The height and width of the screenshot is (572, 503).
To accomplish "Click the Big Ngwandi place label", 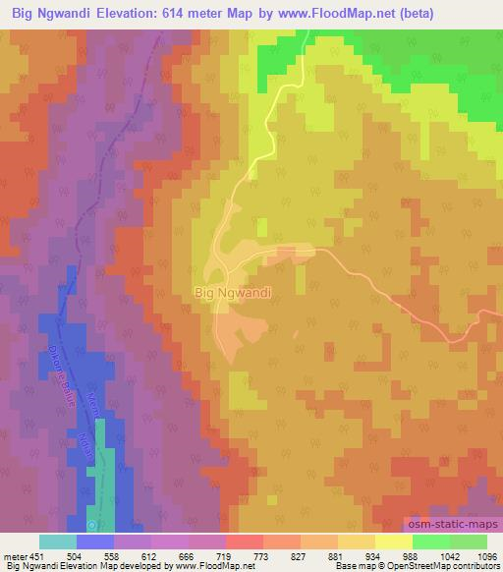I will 233,292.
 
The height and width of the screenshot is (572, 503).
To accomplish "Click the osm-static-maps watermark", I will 451,528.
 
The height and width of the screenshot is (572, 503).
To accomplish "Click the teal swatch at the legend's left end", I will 58,542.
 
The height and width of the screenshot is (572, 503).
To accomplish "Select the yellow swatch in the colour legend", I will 393,542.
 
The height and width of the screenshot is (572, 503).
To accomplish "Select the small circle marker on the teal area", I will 92,511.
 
